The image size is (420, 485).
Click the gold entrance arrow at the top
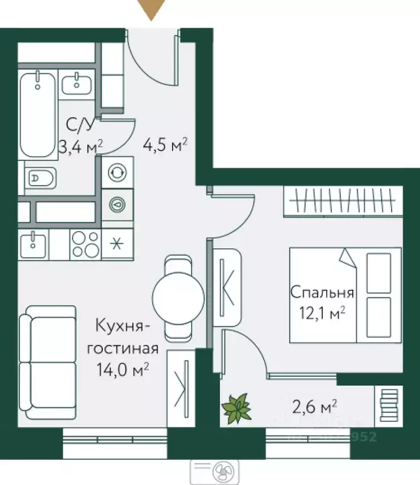(151, 9)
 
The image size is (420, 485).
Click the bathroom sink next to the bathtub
(78, 81)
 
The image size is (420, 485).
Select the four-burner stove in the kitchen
(85, 244)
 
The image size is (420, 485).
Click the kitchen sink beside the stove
(33, 243)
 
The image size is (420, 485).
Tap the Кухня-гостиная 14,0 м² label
(122, 347)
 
